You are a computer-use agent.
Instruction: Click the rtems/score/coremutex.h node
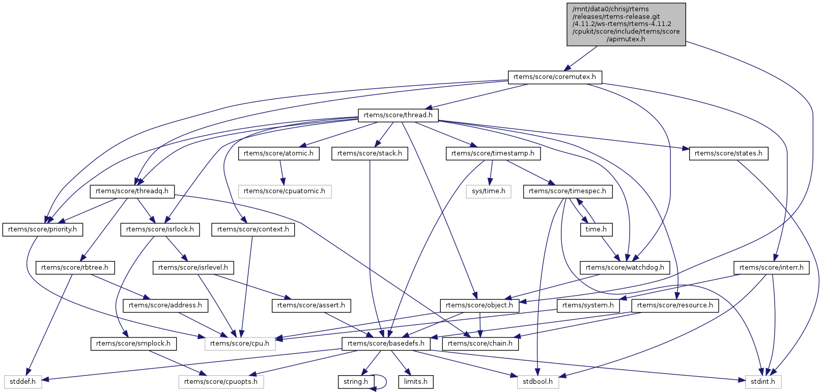555,77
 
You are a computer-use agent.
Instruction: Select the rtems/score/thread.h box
398,115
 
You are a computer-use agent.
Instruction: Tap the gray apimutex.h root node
626,24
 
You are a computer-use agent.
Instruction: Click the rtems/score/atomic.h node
278,153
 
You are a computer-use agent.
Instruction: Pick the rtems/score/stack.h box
370,153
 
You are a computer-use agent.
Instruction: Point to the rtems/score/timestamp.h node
493,153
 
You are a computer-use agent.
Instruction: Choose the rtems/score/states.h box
728,153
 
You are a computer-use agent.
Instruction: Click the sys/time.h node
488,191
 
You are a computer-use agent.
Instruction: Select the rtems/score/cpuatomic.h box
285,191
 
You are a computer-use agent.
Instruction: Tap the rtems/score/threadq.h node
132,191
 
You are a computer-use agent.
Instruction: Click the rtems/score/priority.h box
42,229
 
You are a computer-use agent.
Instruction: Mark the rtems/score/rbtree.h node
75,267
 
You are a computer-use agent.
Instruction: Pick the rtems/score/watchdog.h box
625,267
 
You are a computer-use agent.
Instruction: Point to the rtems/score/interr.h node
771,267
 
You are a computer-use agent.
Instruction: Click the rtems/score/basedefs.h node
386,344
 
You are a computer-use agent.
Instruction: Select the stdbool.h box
538,381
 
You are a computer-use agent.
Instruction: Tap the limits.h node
416,381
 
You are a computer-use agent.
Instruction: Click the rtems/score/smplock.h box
133,344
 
